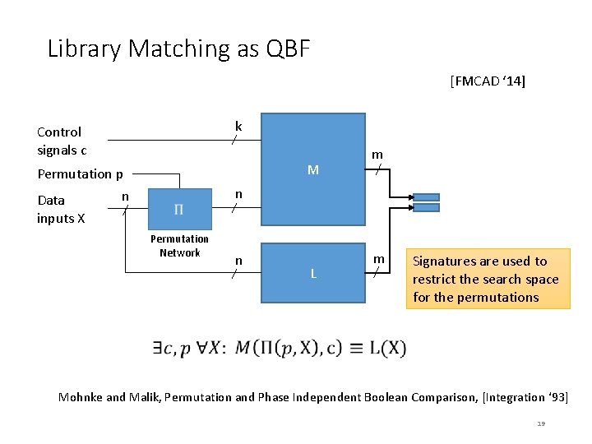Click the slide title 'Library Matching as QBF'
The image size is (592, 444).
[x=179, y=49]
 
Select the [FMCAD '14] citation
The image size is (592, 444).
[x=488, y=81]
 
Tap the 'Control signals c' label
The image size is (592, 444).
[x=61, y=141]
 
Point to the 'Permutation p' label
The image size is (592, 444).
[x=81, y=173]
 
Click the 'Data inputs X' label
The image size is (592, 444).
[x=60, y=209]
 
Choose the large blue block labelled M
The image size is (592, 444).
[x=312, y=169]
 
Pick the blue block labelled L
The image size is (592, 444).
[x=312, y=273]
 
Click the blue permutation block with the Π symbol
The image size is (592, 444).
[x=179, y=210]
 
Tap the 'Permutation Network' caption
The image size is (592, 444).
[x=179, y=246]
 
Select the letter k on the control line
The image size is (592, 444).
[x=238, y=126]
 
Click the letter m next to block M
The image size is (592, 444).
[x=377, y=154]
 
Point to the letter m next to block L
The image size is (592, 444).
[x=379, y=259]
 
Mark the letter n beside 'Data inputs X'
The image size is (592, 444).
[x=125, y=196]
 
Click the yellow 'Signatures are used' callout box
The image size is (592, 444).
[x=488, y=279]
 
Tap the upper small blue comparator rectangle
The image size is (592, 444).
[x=427, y=197]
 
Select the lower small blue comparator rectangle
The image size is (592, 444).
[x=427, y=208]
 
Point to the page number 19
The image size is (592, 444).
[x=540, y=423]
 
